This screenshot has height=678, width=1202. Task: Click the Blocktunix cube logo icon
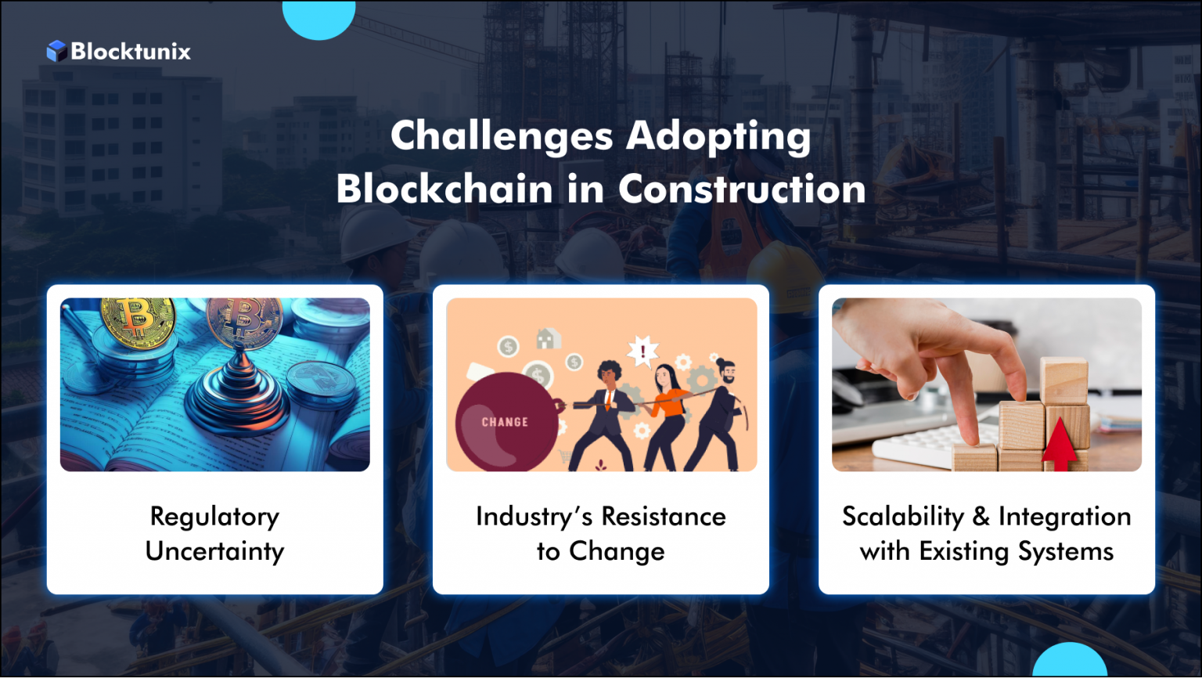[x=56, y=52]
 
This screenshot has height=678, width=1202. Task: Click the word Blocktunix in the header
[x=131, y=52]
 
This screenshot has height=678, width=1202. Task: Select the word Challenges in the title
[x=502, y=136]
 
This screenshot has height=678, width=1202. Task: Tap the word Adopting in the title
[x=718, y=136]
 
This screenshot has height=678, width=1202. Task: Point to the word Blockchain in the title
[x=444, y=189]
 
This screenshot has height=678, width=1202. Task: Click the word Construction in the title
[x=742, y=189]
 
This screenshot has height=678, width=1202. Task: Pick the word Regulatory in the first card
[x=214, y=517]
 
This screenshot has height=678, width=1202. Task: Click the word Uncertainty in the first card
[x=214, y=551]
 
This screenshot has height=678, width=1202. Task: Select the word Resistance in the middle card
[x=663, y=517]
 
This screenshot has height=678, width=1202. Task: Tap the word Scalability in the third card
[x=903, y=517]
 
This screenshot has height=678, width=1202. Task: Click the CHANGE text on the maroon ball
[x=505, y=422]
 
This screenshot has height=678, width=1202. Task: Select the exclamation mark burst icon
[x=643, y=351]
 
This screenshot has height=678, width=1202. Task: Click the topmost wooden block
[x=1064, y=380]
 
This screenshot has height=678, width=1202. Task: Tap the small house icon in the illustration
[x=547, y=338]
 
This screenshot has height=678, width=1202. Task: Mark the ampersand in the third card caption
[x=981, y=517]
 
